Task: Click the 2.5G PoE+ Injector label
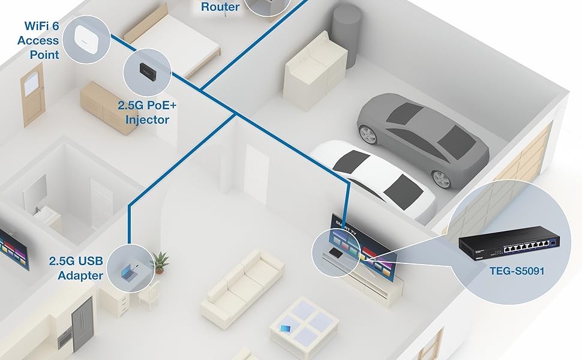point(147,112)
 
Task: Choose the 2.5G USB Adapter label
point(76,269)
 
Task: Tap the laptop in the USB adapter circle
point(130,271)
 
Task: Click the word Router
point(220,7)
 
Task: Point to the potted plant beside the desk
point(160,261)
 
